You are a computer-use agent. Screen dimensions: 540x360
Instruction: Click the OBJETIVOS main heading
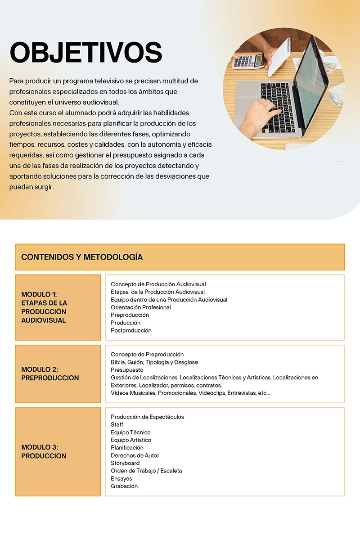(x=85, y=53)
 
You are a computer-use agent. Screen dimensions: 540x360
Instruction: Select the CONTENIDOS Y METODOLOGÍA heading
(x=82, y=257)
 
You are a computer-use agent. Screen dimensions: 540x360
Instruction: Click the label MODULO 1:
(x=39, y=294)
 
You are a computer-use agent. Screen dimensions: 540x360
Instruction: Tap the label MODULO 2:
(x=39, y=369)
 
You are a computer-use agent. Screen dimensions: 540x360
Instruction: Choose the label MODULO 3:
(x=39, y=447)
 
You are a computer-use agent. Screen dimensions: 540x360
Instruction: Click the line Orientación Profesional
(x=141, y=307)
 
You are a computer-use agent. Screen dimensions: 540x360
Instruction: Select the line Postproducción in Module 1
(x=131, y=330)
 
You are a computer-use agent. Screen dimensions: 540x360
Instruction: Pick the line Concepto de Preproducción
(x=147, y=355)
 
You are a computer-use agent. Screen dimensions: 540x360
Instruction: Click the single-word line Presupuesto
(x=127, y=370)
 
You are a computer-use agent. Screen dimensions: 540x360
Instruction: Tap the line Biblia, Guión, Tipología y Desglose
(x=154, y=362)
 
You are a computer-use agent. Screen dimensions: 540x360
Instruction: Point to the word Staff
(x=117, y=424)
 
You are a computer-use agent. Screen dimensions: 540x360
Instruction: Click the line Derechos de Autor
(x=135, y=455)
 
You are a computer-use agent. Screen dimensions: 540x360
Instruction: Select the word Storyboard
(x=125, y=463)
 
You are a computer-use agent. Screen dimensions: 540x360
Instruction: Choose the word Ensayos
(x=121, y=478)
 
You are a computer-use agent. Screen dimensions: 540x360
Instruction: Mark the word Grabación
(x=124, y=486)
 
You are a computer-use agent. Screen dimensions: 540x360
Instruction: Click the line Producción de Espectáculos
(x=147, y=417)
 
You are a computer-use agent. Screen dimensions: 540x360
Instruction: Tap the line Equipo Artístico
(x=131, y=440)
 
